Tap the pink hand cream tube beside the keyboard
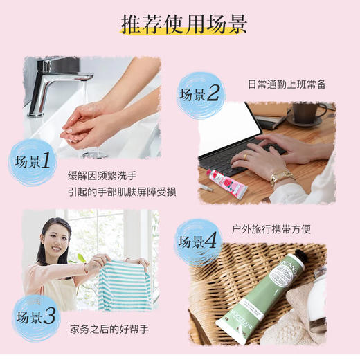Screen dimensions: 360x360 click(224, 183)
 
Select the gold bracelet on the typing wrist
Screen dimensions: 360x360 click(281, 177)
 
